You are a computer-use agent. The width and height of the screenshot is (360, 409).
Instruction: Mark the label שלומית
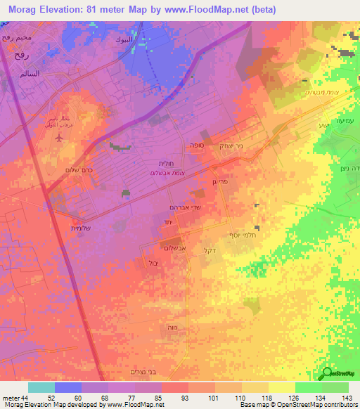click(63, 226)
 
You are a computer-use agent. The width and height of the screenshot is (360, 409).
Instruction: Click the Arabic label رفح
click(11, 51)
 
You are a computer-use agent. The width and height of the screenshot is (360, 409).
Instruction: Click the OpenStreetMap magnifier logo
click(328, 375)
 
